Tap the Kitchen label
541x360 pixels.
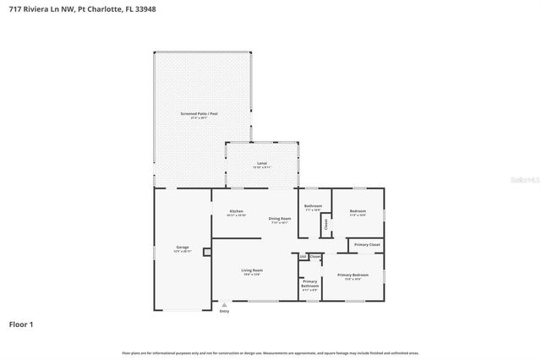pyautogui.click(x=237, y=211)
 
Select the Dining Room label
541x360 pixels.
pyautogui.click(x=279, y=220)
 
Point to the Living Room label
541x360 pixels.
pyautogui.click(x=252, y=270)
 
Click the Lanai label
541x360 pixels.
pyautogui.click(x=262, y=163)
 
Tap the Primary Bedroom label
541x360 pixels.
pyautogui.click(x=353, y=275)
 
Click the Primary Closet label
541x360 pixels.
pyautogui.click(x=367, y=244)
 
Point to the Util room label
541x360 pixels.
pyautogui.click(x=303, y=256)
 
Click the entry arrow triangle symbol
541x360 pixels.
pyautogui.click(x=224, y=305)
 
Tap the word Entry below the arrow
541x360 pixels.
pyautogui.click(x=224, y=312)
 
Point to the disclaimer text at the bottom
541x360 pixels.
pyautogui.click(x=270, y=353)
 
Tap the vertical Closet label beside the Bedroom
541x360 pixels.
pyautogui.click(x=326, y=224)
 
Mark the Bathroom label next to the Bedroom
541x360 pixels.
pyautogui.click(x=313, y=206)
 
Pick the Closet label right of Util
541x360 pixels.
pyautogui.click(x=314, y=256)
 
